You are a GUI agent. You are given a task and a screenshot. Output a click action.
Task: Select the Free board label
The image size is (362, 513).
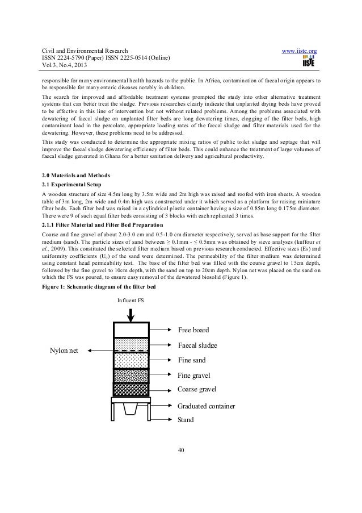point(193,330)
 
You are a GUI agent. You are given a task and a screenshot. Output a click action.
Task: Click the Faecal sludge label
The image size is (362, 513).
point(198,345)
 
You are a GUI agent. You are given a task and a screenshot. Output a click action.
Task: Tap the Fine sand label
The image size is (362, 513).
point(192,360)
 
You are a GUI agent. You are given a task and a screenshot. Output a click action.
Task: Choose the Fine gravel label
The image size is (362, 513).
point(194,376)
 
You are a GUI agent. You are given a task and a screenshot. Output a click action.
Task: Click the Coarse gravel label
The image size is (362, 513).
point(197,389)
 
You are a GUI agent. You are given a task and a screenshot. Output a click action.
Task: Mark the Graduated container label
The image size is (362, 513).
point(205,406)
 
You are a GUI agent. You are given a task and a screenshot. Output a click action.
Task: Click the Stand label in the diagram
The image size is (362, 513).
point(186,420)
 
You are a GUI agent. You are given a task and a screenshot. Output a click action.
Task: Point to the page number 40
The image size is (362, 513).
point(181,451)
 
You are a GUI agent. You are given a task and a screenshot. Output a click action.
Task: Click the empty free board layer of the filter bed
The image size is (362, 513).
point(131,330)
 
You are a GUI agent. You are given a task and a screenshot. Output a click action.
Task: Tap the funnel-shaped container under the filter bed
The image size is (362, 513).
point(131,412)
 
